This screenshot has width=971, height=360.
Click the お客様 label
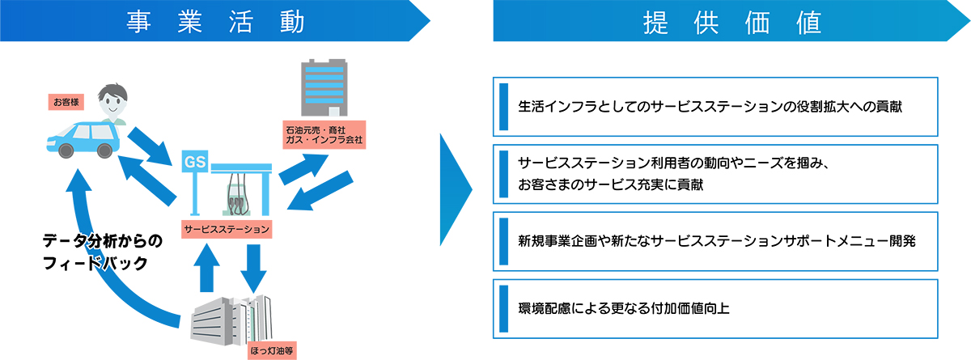(66, 102)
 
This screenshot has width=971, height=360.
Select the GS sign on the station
(195, 162)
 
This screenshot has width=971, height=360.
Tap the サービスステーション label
(227, 229)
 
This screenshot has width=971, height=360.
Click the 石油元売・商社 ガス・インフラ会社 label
(324, 135)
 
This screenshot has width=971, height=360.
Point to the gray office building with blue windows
(324, 88)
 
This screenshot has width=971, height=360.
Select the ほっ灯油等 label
(272, 350)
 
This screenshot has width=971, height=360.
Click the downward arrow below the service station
(253, 269)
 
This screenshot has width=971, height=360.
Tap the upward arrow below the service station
(207, 268)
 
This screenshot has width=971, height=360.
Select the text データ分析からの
(102, 241)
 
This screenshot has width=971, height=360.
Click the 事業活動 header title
(215, 22)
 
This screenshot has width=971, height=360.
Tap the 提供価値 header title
(732, 23)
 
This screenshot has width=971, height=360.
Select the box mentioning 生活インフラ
(715, 107)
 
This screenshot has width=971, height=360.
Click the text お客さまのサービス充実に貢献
(610, 185)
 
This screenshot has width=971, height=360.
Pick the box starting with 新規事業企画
(715, 241)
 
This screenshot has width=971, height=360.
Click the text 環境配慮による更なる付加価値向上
(624, 308)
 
